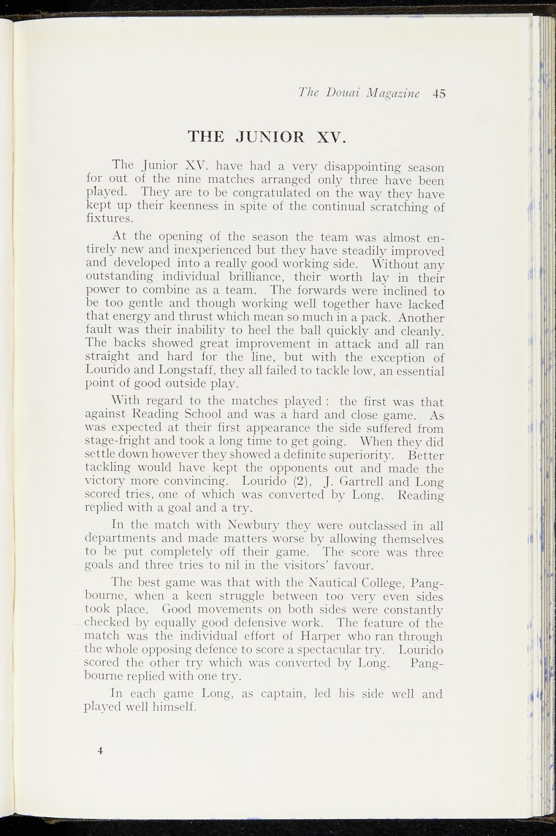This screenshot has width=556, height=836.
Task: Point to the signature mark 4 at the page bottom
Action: coord(100,751)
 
